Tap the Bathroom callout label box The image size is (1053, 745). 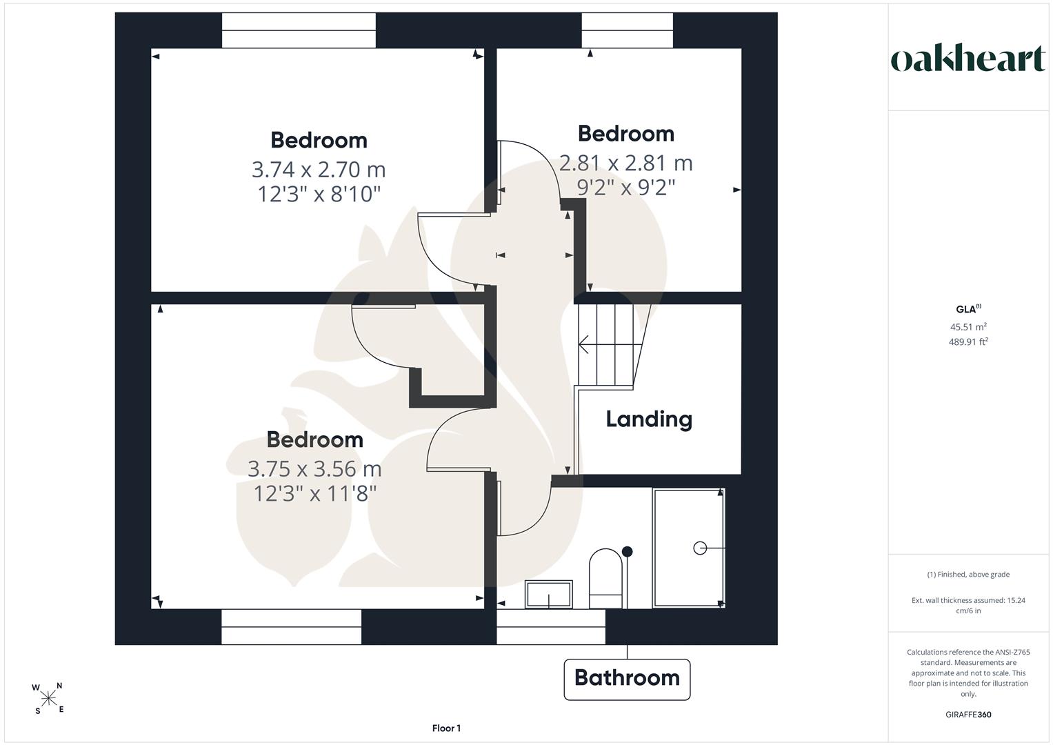[627, 679]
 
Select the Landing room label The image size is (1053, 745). [649, 419]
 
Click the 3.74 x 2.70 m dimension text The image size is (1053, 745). [319, 169]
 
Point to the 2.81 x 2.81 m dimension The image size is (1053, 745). [625, 163]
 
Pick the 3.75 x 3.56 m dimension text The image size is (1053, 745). [314, 469]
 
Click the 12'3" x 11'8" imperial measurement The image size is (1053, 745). [314, 493]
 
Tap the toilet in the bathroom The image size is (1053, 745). [606, 578]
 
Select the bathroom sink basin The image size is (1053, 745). [549, 595]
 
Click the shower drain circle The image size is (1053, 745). [700, 548]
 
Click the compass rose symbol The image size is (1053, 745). [48, 698]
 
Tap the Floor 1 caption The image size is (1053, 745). [446, 728]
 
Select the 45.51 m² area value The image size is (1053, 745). [968, 326]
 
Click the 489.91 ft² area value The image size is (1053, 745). [968, 341]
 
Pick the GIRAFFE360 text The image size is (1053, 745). [968, 715]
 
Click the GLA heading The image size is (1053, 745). [968, 309]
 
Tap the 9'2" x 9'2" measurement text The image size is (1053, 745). [625, 188]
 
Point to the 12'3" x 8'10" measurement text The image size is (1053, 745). [319, 194]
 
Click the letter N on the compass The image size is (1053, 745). [59, 686]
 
